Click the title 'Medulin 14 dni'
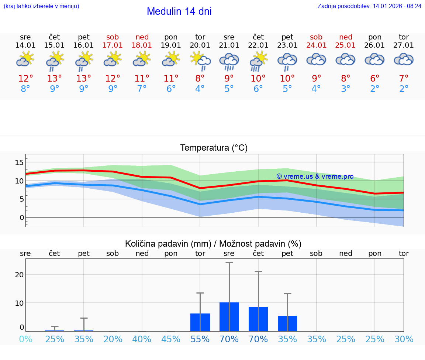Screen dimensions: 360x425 179,11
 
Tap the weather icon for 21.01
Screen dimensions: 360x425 229,61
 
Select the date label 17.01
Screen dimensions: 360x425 113,45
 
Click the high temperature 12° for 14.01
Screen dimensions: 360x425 25,79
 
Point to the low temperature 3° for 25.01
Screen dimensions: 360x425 346,89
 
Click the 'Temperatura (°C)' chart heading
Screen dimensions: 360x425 214,148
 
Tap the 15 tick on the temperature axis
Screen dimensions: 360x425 19,162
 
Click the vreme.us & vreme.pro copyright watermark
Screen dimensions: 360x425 315,176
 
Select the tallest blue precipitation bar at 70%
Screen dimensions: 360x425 229,316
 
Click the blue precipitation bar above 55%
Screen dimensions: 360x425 200,322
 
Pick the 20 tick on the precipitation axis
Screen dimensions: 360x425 19,275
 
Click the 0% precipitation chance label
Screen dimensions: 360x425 25,339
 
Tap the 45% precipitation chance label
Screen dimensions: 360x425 171,339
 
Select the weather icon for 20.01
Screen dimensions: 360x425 200,61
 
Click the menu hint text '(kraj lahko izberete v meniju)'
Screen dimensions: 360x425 41,6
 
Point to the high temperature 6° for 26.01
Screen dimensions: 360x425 375,79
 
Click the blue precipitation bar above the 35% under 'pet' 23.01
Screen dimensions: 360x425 287,323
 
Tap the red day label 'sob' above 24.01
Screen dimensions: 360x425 316,37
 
